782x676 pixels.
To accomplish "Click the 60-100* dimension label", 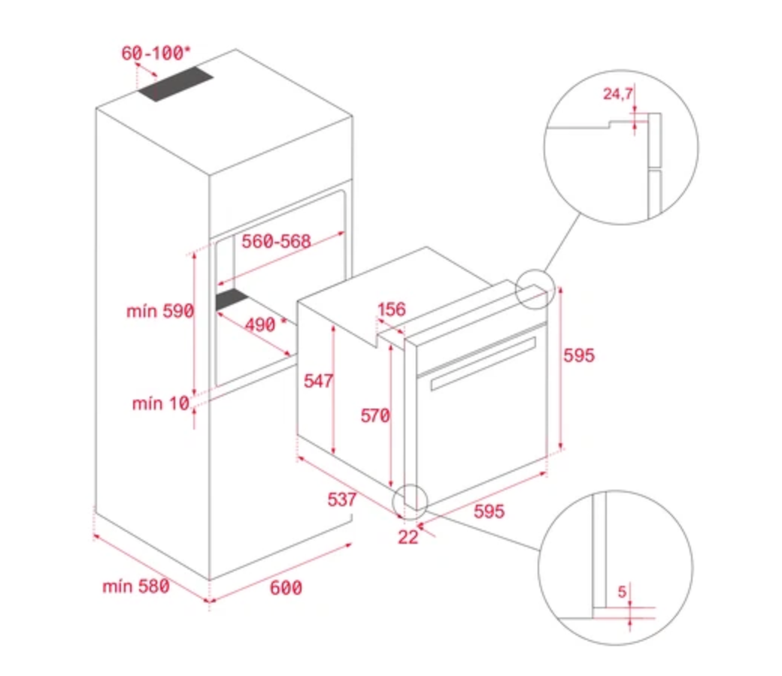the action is pyautogui.click(x=156, y=53).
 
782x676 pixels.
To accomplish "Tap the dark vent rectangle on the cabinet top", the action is pyautogui.click(x=176, y=83).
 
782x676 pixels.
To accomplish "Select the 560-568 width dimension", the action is pyautogui.click(x=276, y=242).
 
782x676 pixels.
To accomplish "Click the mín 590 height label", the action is pyautogui.click(x=160, y=311).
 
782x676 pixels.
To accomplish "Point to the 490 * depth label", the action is pyautogui.click(x=266, y=324).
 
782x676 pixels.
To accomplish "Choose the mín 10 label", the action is pyautogui.click(x=161, y=403).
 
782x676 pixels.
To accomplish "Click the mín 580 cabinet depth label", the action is pyautogui.click(x=135, y=586).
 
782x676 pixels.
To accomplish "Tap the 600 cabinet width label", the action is pyautogui.click(x=286, y=588).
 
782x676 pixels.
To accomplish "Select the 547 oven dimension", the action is pyautogui.click(x=318, y=381).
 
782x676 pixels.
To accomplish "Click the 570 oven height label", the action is pyautogui.click(x=375, y=415).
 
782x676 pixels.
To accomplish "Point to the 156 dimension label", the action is pyautogui.click(x=392, y=309).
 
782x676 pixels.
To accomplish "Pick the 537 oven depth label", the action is pyautogui.click(x=341, y=499).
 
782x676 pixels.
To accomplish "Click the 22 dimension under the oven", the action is pyautogui.click(x=408, y=536).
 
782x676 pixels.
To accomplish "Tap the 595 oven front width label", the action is pyautogui.click(x=489, y=511).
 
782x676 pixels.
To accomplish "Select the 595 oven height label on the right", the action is pyautogui.click(x=579, y=355).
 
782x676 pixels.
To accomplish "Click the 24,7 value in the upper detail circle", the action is pyautogui.click(x=618, y=94).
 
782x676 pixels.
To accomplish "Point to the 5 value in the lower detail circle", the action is pyautogui.click(x=621, y=592).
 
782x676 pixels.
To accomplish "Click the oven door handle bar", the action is pyautogui.click(x=483, y=364).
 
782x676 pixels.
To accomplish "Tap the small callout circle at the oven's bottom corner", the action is pyautogui.click(x=410, y=484).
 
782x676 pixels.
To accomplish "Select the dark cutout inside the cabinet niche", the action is pyautogui.click(x=232, y=299).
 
